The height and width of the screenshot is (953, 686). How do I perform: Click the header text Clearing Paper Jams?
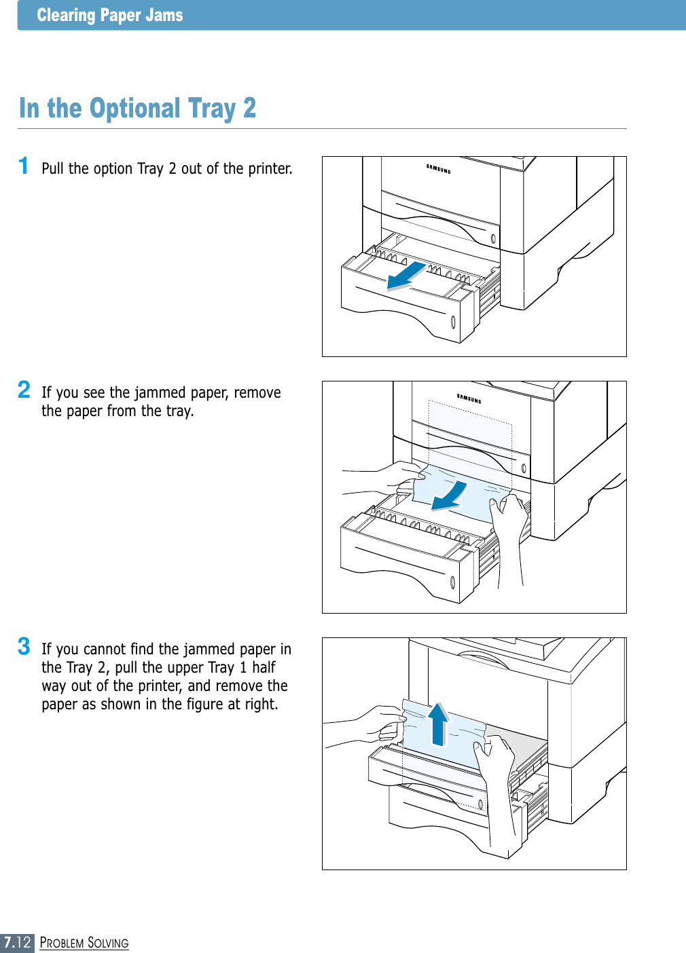coord(109,15)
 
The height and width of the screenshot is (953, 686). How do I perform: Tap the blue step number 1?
coord(24,166)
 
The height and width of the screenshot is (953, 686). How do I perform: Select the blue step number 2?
coord(24,390)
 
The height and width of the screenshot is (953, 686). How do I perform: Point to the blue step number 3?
coord(24,646)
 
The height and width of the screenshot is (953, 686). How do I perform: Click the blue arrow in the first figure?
coord(407,275)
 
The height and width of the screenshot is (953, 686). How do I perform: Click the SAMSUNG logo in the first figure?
coord(438,169)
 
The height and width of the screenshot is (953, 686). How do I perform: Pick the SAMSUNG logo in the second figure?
coord(469,398)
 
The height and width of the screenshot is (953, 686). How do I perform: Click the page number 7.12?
coord(17,942)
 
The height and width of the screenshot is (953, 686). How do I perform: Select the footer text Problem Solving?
coord(84,943)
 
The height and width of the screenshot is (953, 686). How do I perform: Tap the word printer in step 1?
coord(270,168)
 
